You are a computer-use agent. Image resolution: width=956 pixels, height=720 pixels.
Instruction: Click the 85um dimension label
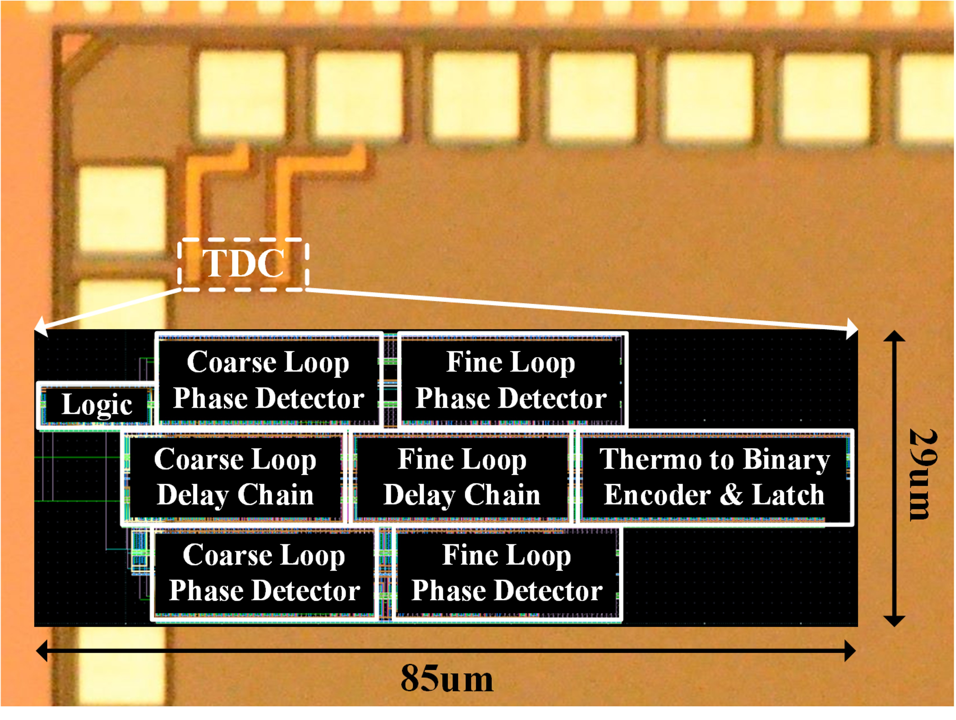coord(447,679)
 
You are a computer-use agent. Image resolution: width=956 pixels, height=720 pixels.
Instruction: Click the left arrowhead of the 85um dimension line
coord(42,651)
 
